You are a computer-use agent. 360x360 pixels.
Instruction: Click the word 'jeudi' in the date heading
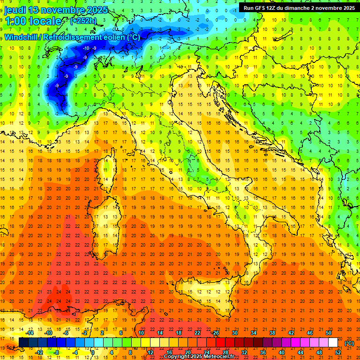15,10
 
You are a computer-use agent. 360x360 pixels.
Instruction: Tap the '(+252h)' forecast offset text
83,21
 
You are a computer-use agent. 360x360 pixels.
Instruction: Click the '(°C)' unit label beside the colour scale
349,343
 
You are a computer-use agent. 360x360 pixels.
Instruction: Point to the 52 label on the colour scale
337,352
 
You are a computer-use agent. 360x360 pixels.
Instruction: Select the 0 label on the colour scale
93,352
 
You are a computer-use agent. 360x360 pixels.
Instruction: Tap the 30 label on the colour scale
234,333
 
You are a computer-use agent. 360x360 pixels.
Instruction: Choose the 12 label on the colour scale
150,352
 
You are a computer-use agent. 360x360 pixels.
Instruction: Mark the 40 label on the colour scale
281,352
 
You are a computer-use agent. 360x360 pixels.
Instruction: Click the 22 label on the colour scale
197,333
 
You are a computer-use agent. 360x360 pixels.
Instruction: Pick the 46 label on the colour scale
309,333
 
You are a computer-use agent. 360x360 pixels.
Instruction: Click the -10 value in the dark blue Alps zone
86,48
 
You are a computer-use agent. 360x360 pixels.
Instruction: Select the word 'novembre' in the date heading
59,10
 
